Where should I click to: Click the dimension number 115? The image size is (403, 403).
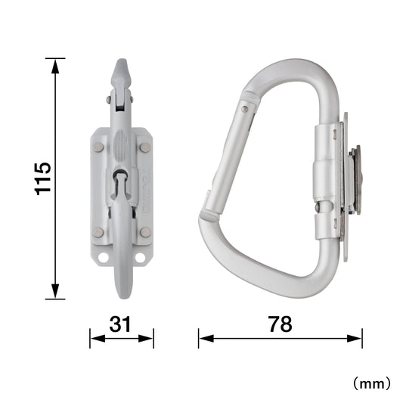(x=42, y=179)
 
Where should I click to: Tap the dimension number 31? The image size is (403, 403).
(x=120, y=324)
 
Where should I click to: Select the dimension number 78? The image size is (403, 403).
(x=281, y=324)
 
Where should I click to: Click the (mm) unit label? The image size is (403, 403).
(x=372, y=384)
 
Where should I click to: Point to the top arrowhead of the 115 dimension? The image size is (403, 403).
(x=55, y=66)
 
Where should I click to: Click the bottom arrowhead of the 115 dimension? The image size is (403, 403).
(x=55, y=292)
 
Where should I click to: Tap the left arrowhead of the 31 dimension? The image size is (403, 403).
(x=98, y=339)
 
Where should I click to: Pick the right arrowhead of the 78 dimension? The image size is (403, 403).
(x=355, y=339)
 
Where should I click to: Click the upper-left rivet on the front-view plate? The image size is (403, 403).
(x=98, y=147)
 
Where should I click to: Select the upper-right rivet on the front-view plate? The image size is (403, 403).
(x=145, y=147)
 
